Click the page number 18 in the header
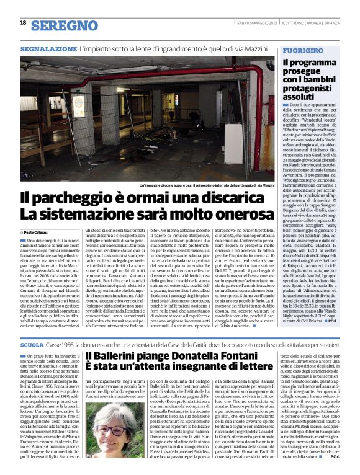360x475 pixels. [23, 23]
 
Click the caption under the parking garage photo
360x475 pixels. [199, 185]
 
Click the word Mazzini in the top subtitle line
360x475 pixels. [255, 47]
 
